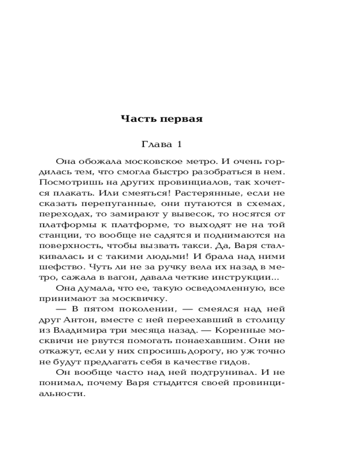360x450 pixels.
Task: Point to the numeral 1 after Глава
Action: (x=179, y=144)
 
